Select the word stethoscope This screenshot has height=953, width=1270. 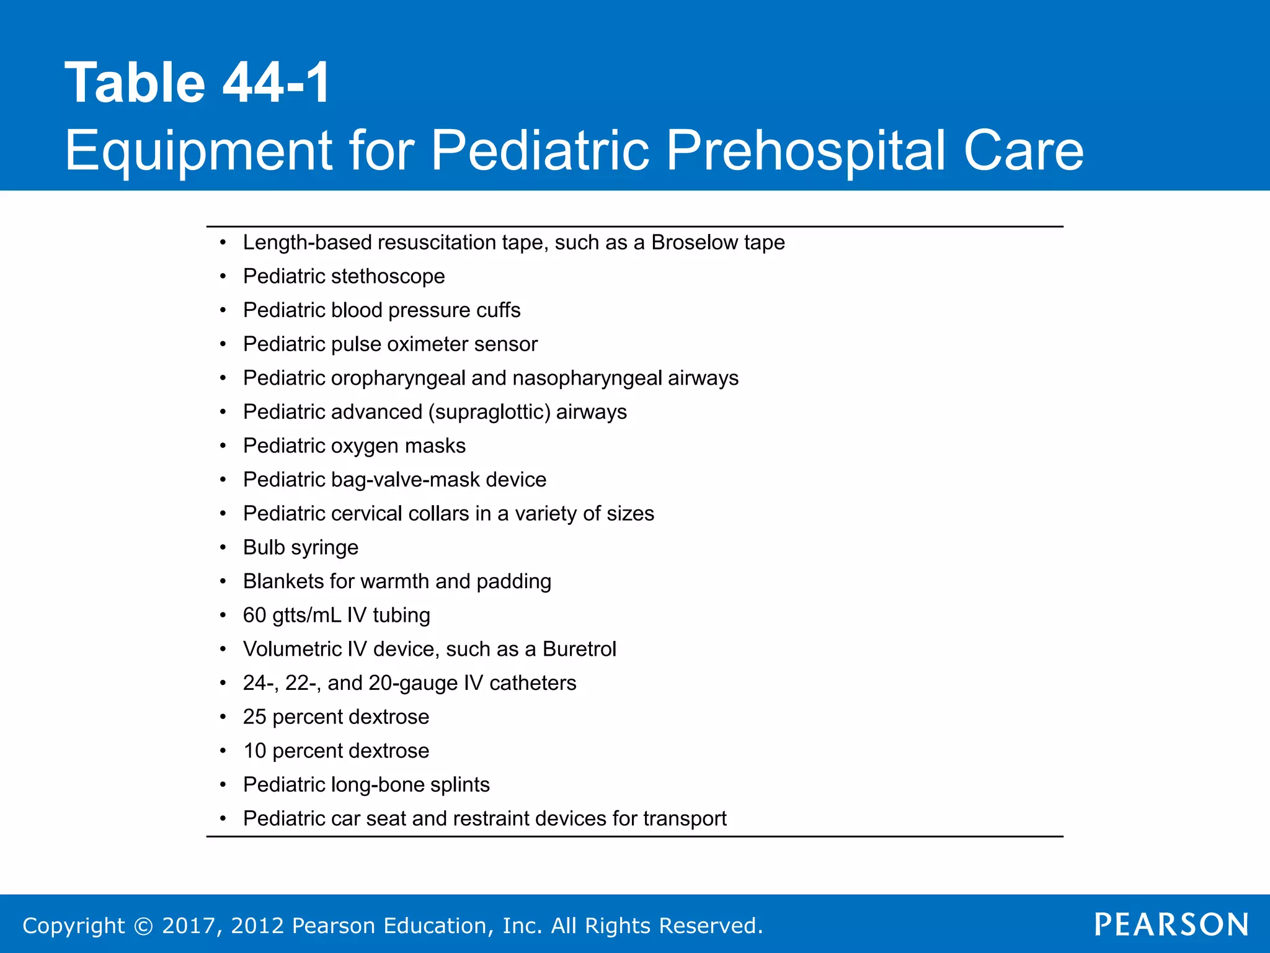click(x=388, y=277)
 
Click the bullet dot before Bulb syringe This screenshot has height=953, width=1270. click(x=223, y=548)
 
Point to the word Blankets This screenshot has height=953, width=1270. click(x=283, y=581)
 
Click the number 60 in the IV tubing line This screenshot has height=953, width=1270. click(x=254, y=615)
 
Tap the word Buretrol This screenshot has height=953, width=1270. click(x=579, y=649)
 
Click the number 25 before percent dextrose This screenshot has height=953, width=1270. click(x=254, y=717)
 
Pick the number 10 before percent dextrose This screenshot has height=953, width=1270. click(x=254, y=751)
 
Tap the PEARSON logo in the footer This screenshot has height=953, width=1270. click(x=1171, y=924)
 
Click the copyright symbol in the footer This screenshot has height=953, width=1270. click(x=143, y=926)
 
